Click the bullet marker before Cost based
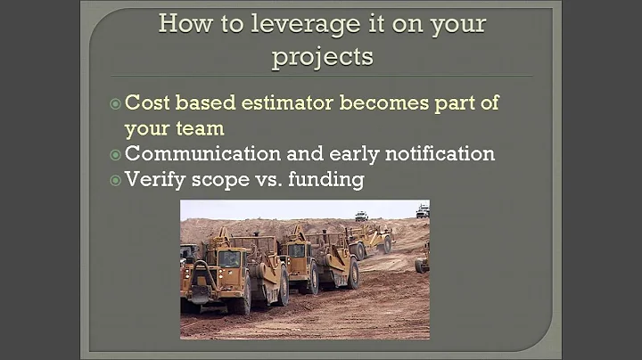[115, 103]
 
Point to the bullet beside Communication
[115, 154]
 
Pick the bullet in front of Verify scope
[115, 180]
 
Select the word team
[198, 127]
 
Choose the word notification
[433, 153]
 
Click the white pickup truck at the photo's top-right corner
[422, 211]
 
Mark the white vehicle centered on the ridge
[361, 216]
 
